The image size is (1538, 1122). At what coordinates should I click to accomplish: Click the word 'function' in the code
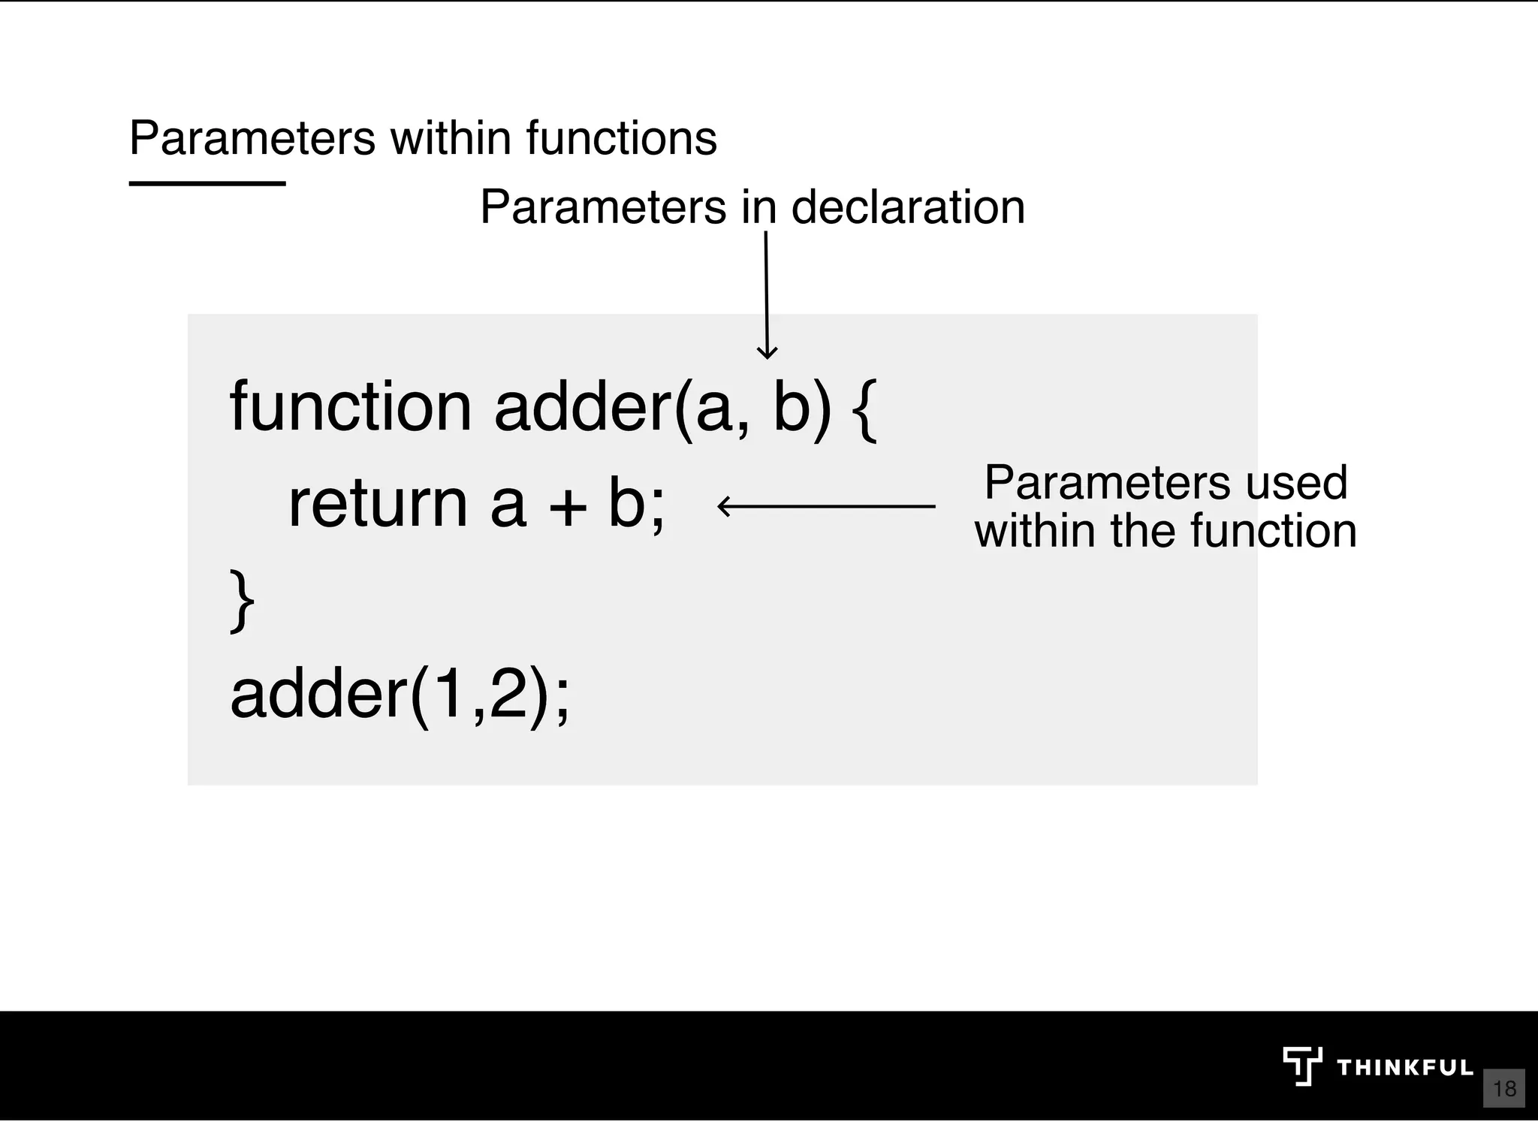point(350,407)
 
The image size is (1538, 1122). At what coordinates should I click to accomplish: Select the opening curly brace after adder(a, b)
point(865,409)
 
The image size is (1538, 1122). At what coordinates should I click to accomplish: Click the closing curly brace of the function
point(242,601)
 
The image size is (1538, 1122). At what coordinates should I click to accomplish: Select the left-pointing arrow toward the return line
point(826,506)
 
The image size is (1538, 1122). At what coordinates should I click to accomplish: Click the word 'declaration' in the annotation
point(908,207)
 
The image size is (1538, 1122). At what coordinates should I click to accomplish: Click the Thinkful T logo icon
point(1301,1066)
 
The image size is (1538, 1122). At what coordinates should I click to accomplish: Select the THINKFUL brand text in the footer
point(1405,1068)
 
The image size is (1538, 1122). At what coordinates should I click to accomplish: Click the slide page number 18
point(1504,1088)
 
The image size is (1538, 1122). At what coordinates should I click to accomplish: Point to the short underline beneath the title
point(207,183)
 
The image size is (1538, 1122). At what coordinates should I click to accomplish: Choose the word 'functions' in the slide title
point(621,138)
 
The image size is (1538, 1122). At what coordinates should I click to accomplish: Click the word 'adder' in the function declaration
point(583,407)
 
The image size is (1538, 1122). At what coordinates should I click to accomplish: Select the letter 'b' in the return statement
point(626,503)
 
